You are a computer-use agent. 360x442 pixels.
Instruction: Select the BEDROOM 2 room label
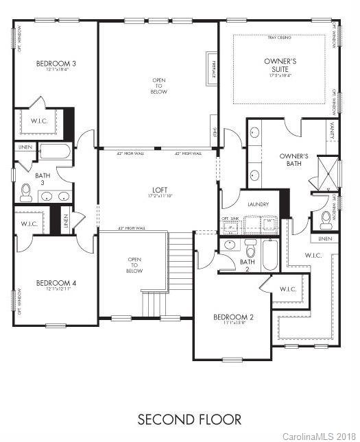pos(233,317)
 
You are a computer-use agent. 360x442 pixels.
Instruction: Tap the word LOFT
pos(160,190)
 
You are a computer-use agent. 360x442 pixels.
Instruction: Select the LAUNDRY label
pos(248,204)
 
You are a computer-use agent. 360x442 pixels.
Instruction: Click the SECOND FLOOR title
pos(180,419)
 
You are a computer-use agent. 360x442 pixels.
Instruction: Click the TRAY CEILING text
pos(280,38)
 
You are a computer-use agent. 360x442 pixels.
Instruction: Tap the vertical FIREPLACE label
pos(213,71)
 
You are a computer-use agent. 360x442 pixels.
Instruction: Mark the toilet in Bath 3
pos(26,193)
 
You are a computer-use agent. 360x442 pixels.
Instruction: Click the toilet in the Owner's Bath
pos(326,219)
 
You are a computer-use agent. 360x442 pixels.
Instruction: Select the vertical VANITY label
pos(332,130)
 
